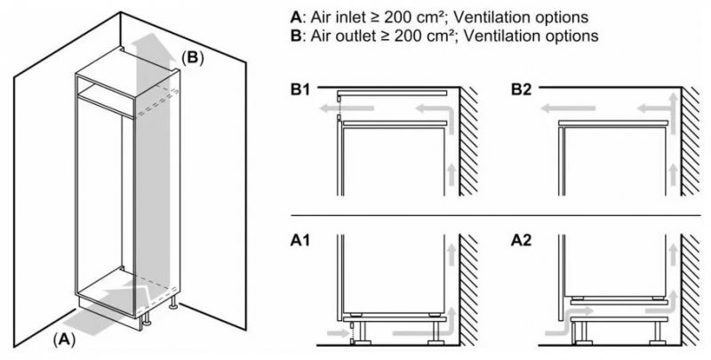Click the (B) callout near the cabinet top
tap(194, 57)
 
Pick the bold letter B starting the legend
tap(295, 36)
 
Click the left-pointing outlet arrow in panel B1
tap(331, 108)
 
